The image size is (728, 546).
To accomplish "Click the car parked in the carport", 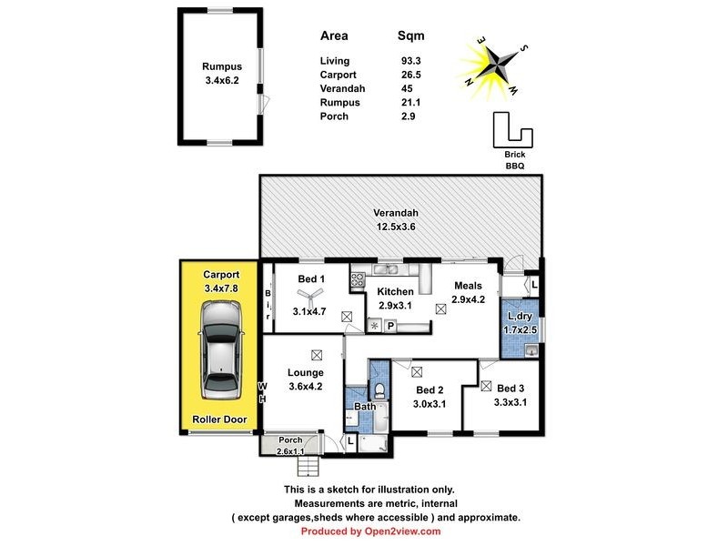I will (221, 349).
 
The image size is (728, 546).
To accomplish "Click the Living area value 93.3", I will (411, 59).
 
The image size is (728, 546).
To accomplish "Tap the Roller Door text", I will (219, 420).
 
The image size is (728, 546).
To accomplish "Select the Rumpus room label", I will (219, 66).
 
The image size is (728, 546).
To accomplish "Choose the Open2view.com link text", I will (400, 531).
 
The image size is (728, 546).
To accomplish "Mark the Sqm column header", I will (411, 36).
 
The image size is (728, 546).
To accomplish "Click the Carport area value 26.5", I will (411, 74).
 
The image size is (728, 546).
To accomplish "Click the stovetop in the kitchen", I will (358, 279).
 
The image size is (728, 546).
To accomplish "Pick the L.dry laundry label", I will (521, 316).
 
